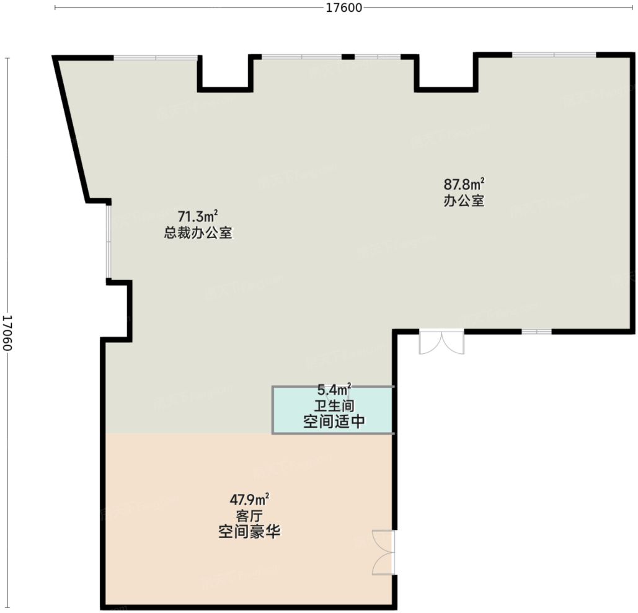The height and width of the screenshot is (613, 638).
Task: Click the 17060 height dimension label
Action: click(x=7, y=333)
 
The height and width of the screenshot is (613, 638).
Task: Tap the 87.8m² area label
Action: click(x=463, y=184)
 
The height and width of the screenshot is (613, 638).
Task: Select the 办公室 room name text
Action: click(x=463, y=201)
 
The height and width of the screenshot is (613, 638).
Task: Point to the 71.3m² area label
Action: click(x=198, y=217)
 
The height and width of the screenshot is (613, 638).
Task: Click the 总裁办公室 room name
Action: click(x=198, y=234)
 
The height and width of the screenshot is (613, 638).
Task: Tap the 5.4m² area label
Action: click(x=334, y=390)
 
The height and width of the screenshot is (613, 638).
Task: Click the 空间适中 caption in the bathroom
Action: click(x=334, y=422)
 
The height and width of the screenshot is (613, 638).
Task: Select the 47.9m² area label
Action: click(x=249, y=499)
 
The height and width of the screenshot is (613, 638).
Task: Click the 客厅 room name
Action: click(x=249, y=516)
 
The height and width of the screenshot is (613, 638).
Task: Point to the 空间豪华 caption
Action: click(x=249, y=532)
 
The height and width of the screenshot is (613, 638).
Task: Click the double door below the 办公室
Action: click(x=441, y=342)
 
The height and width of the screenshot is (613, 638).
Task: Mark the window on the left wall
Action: click(x=109, y=242)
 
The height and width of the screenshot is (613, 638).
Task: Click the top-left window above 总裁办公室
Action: click(x=156, y=58)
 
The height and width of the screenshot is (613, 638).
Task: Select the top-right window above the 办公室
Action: click(x=554, y=55)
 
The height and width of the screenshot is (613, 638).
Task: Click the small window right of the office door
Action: click(x=536, y=332)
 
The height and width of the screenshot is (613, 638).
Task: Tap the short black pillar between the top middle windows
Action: click(x=348, y=57)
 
